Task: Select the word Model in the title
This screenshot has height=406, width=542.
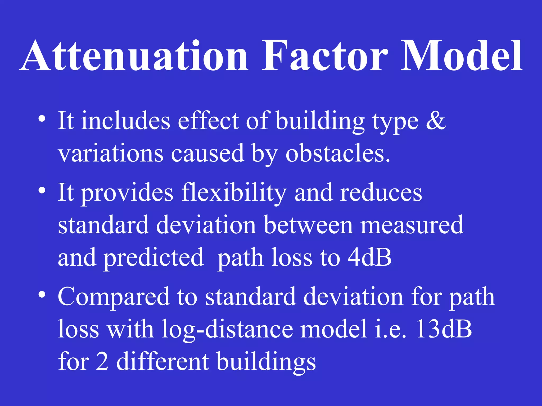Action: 462,56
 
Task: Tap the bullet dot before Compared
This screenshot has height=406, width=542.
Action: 42,294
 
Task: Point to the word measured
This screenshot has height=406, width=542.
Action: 412,225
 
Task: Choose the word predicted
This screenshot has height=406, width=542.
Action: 153,258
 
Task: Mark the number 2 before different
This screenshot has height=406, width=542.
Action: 102,362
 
